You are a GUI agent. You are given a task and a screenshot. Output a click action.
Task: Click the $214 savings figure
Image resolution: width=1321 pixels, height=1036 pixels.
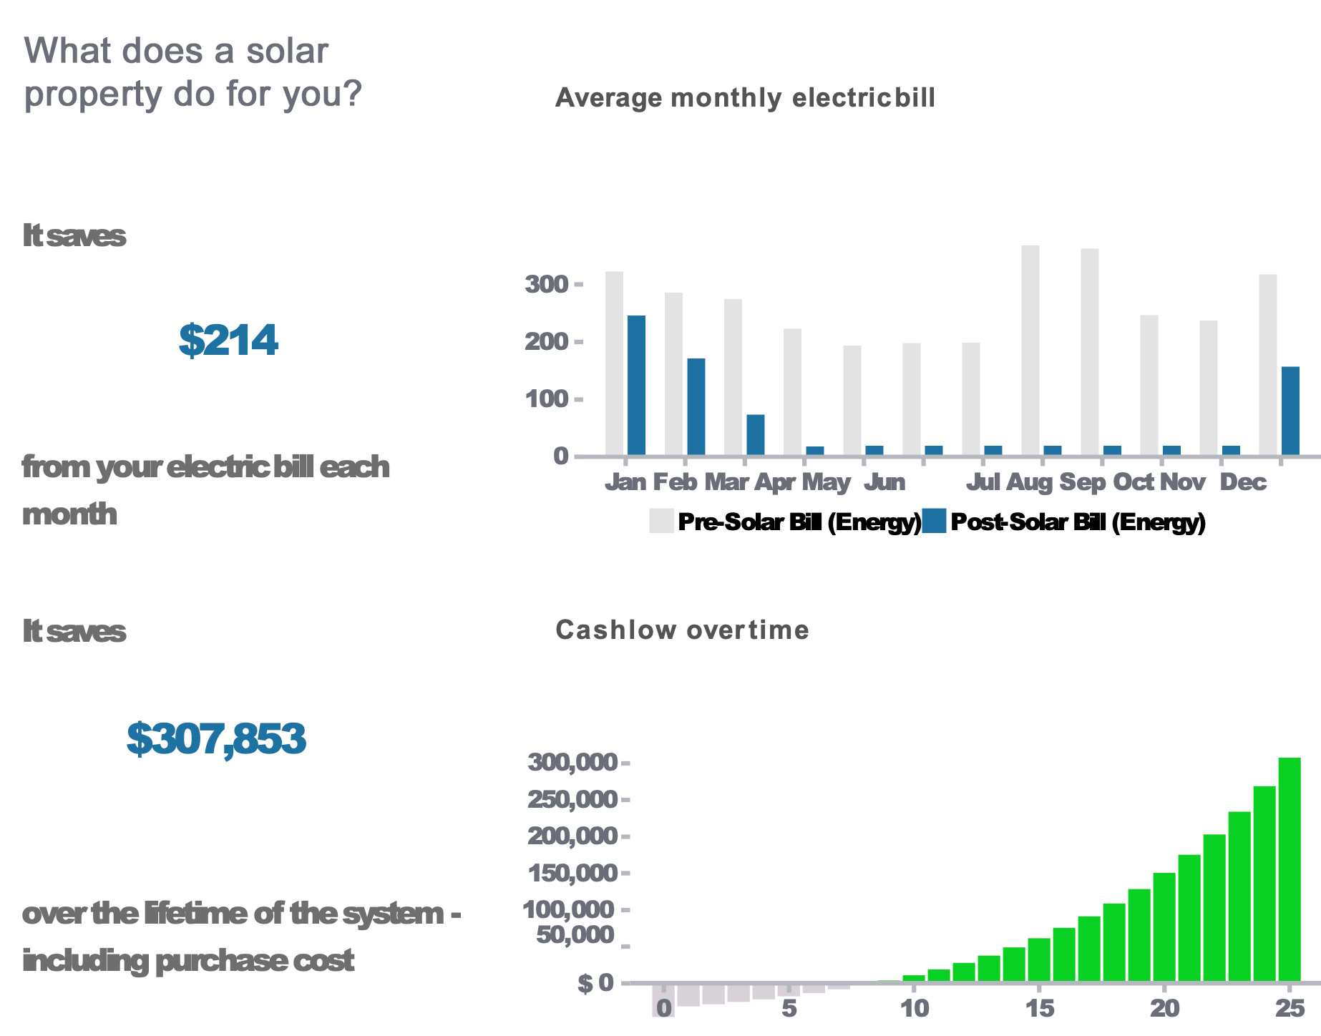(228, 341)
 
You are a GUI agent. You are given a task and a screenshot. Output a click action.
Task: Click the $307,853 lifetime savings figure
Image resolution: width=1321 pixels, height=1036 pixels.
(216, 739)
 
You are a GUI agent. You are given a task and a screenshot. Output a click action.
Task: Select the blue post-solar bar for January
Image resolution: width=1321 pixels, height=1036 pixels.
(636, 386)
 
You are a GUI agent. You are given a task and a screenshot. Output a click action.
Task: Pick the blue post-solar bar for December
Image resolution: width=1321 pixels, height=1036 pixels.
(1290, 411)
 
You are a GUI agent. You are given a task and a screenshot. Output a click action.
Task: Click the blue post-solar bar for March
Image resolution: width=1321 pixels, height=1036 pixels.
(756, 435)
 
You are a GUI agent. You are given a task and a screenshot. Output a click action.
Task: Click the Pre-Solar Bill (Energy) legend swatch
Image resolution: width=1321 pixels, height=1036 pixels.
(661, 521)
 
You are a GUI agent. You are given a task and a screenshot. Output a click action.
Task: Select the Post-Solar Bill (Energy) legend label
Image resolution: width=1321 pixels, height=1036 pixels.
(1078, 522)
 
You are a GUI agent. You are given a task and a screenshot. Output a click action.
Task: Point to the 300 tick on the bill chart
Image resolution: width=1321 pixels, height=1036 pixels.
(547, 285)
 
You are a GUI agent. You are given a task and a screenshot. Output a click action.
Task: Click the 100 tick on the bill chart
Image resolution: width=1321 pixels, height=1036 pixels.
(547, 399)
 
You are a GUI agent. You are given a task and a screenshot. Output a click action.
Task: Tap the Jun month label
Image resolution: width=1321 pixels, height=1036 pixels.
(884, 482)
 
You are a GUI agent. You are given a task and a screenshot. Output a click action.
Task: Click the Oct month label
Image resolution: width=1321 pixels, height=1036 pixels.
(1133, 482)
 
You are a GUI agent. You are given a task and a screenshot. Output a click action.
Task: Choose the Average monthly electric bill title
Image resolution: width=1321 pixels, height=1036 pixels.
(745, 97)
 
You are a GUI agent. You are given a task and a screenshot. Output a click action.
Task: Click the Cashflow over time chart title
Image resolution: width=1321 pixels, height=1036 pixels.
(682, 630)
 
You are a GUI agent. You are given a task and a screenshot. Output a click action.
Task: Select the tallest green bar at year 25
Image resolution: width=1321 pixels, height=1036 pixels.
(1290, 869)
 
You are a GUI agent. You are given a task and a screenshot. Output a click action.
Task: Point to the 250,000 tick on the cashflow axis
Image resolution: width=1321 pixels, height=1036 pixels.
(572, 799)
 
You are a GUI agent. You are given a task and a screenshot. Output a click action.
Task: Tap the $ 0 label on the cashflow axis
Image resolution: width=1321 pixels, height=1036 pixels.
(595, 984)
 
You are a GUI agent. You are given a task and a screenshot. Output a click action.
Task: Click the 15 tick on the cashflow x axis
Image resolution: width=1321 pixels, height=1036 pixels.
(1039, 1009)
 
